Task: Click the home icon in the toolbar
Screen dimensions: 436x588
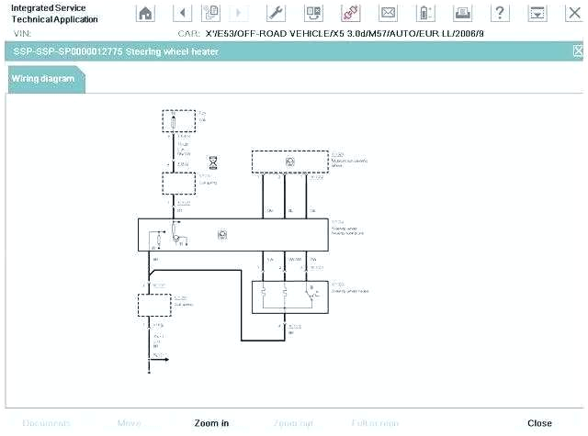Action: (x=145, y=13)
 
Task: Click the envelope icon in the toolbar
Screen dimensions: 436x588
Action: (x=388, y=13)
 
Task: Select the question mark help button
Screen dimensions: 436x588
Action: (x=500, y=13)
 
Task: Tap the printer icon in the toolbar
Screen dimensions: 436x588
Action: (x=463, y=13)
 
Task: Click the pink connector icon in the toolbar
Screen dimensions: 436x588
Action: (x=350, y=13)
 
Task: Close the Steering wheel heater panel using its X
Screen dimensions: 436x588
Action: (x=578, y=51)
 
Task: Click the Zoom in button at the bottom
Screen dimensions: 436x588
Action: (x=211, y=423)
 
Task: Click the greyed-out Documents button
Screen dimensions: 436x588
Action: (x=46, y=423)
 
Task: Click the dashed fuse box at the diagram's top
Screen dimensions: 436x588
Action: (x=178, y=121)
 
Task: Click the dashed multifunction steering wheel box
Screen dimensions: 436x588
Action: (x=289, y=161)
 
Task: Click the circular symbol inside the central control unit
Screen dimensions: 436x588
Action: (x=222, y=234)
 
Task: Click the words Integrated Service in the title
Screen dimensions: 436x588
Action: (x=48, y=8)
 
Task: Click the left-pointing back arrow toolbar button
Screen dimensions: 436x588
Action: (x=182, y=13)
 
